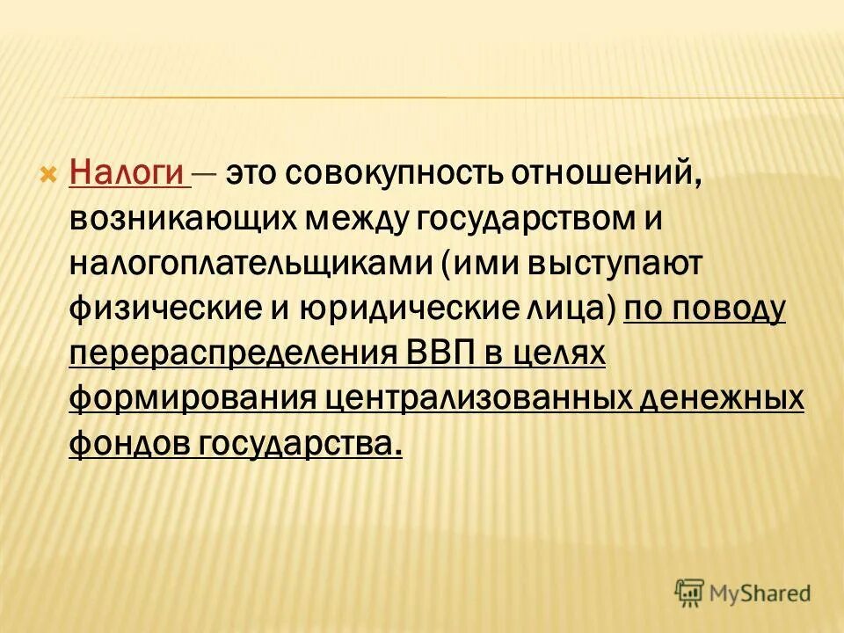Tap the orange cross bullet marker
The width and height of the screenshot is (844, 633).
pos(49,171)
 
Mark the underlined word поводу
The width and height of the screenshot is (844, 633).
pos(736,309)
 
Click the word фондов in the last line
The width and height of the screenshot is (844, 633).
pos(127,444)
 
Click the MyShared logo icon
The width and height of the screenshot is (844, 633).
pos(690,593)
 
